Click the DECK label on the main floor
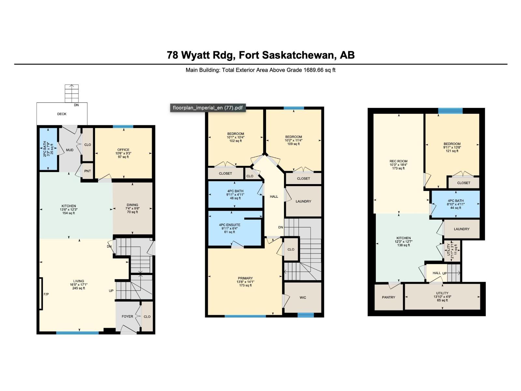coord(62,114)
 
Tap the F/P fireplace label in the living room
coord(46,295)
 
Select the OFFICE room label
coord(123,150)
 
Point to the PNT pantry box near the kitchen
coord(88,171)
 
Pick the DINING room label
coord(132,205)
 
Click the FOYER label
coord(127,316)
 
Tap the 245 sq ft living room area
coord(78,288)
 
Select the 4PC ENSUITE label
coord(230,225)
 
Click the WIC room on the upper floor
coord(303,297)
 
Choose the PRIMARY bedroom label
coord(245,278)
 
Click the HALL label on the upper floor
coord(274,196)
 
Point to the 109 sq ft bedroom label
coord(293,144)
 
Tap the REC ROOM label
coord(398,161)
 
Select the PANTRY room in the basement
coord(388,297)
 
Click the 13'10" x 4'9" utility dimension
coord(442,297)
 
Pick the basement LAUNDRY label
coord(461,229)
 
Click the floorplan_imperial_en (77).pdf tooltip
coord(207,108)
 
